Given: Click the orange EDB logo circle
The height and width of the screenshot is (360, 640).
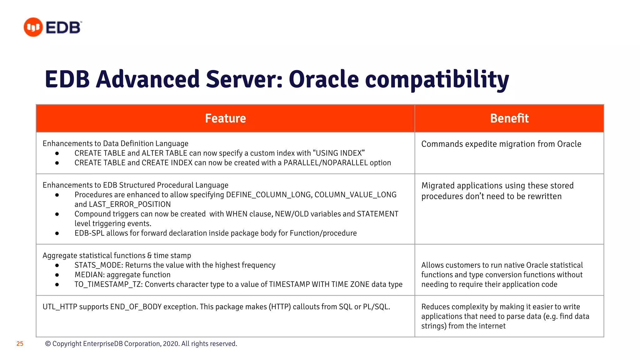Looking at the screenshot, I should [33, 27].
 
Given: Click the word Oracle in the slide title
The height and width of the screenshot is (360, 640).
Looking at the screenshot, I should [324, 79].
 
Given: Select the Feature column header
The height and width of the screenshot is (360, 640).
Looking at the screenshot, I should [225, 118].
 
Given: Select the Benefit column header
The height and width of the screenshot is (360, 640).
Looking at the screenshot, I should [509, 118].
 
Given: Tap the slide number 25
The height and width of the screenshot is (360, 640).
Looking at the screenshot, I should [20, 344].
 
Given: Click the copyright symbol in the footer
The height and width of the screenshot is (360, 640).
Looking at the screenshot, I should [48, 344].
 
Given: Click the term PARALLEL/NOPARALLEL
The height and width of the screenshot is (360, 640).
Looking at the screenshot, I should [326, 163].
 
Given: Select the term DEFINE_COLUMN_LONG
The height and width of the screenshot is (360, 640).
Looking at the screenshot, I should [268, 195].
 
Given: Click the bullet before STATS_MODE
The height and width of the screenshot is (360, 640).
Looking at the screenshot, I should [57, 265].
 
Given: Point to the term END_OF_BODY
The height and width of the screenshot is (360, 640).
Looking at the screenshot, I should [136, 307].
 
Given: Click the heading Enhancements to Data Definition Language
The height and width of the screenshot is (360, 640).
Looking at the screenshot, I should [115, 143].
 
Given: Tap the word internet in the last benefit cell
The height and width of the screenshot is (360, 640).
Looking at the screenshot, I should [492, 326].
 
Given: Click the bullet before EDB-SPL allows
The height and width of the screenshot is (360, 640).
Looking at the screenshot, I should [57, 233].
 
